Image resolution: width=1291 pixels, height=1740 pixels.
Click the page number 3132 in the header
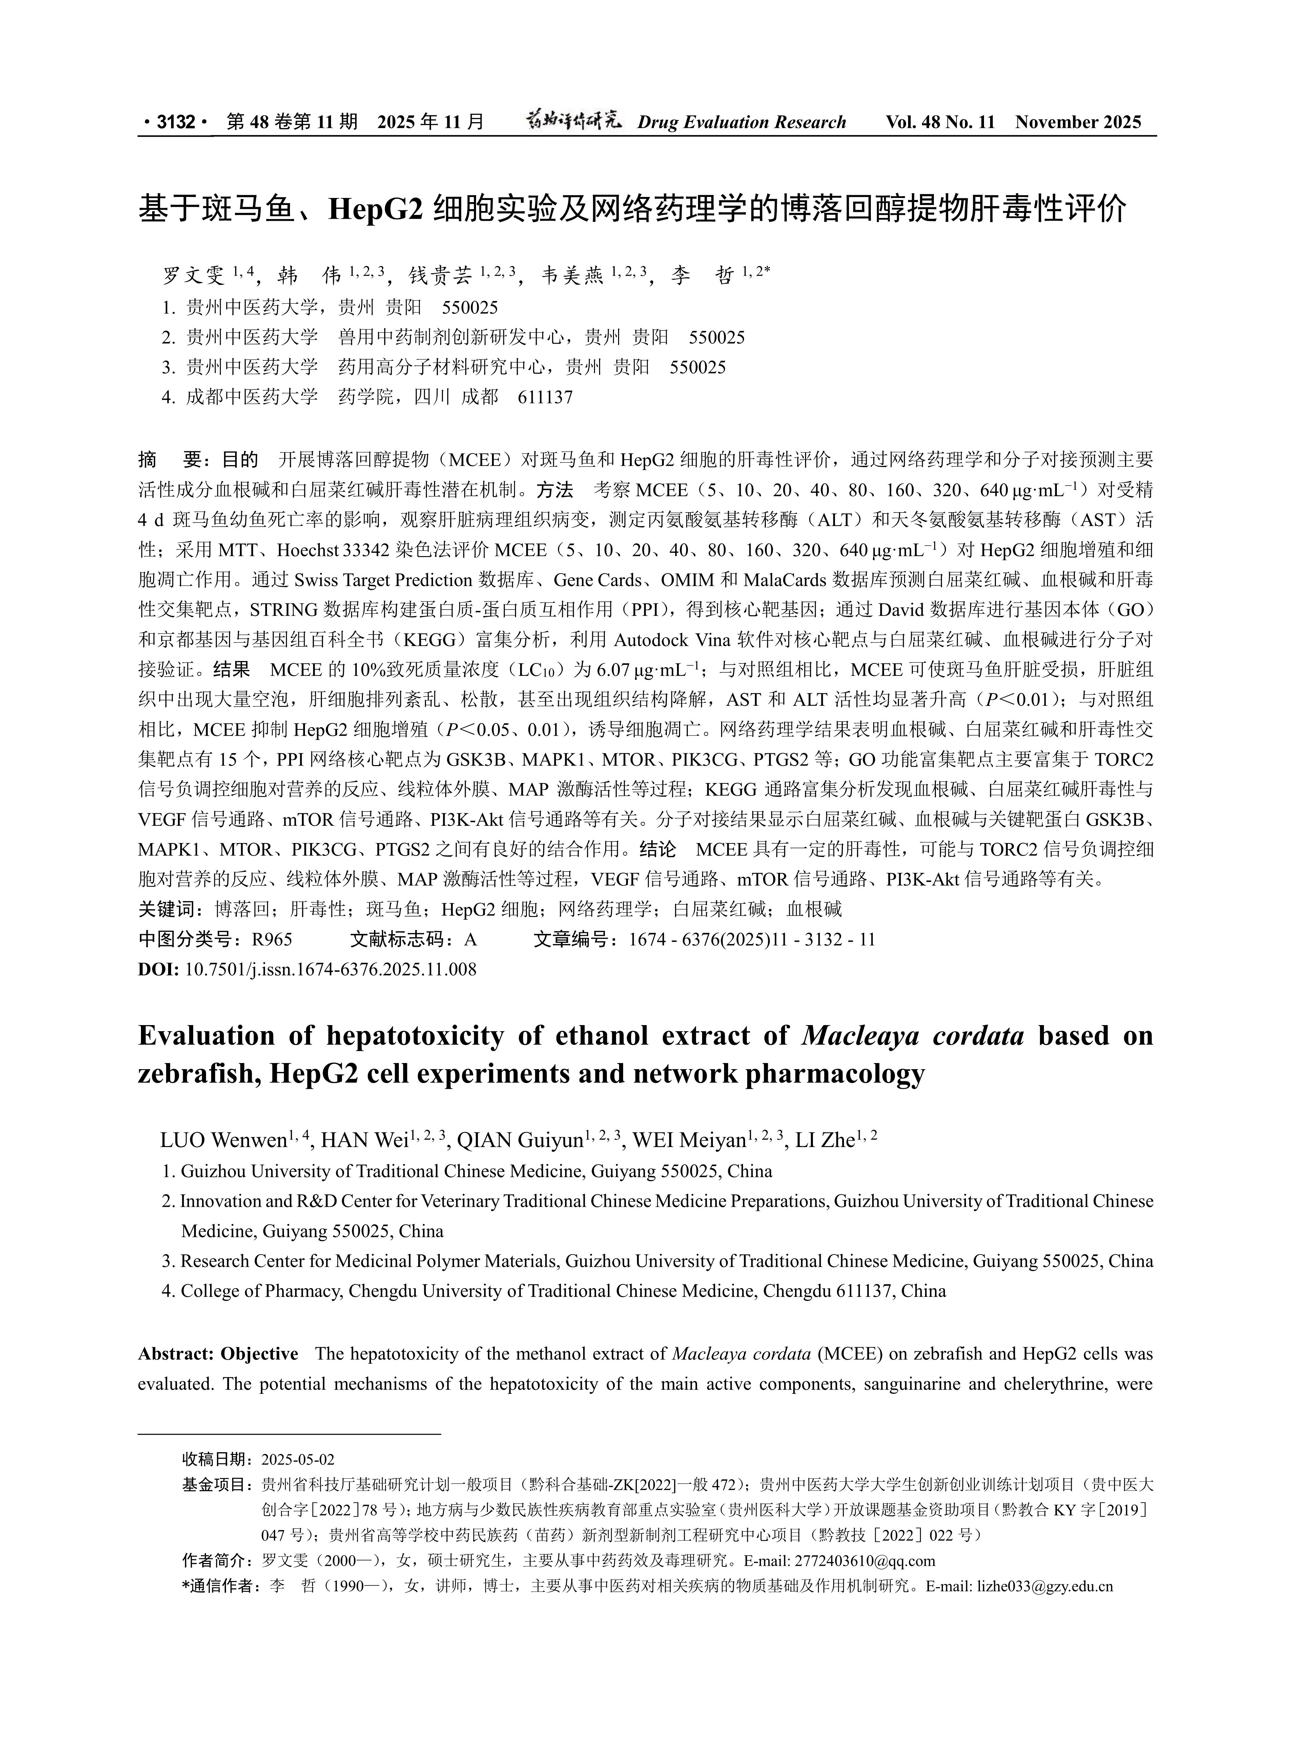(x=175, y=122)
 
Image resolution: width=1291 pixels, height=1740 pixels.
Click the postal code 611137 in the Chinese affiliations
(x=546, y=397)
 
